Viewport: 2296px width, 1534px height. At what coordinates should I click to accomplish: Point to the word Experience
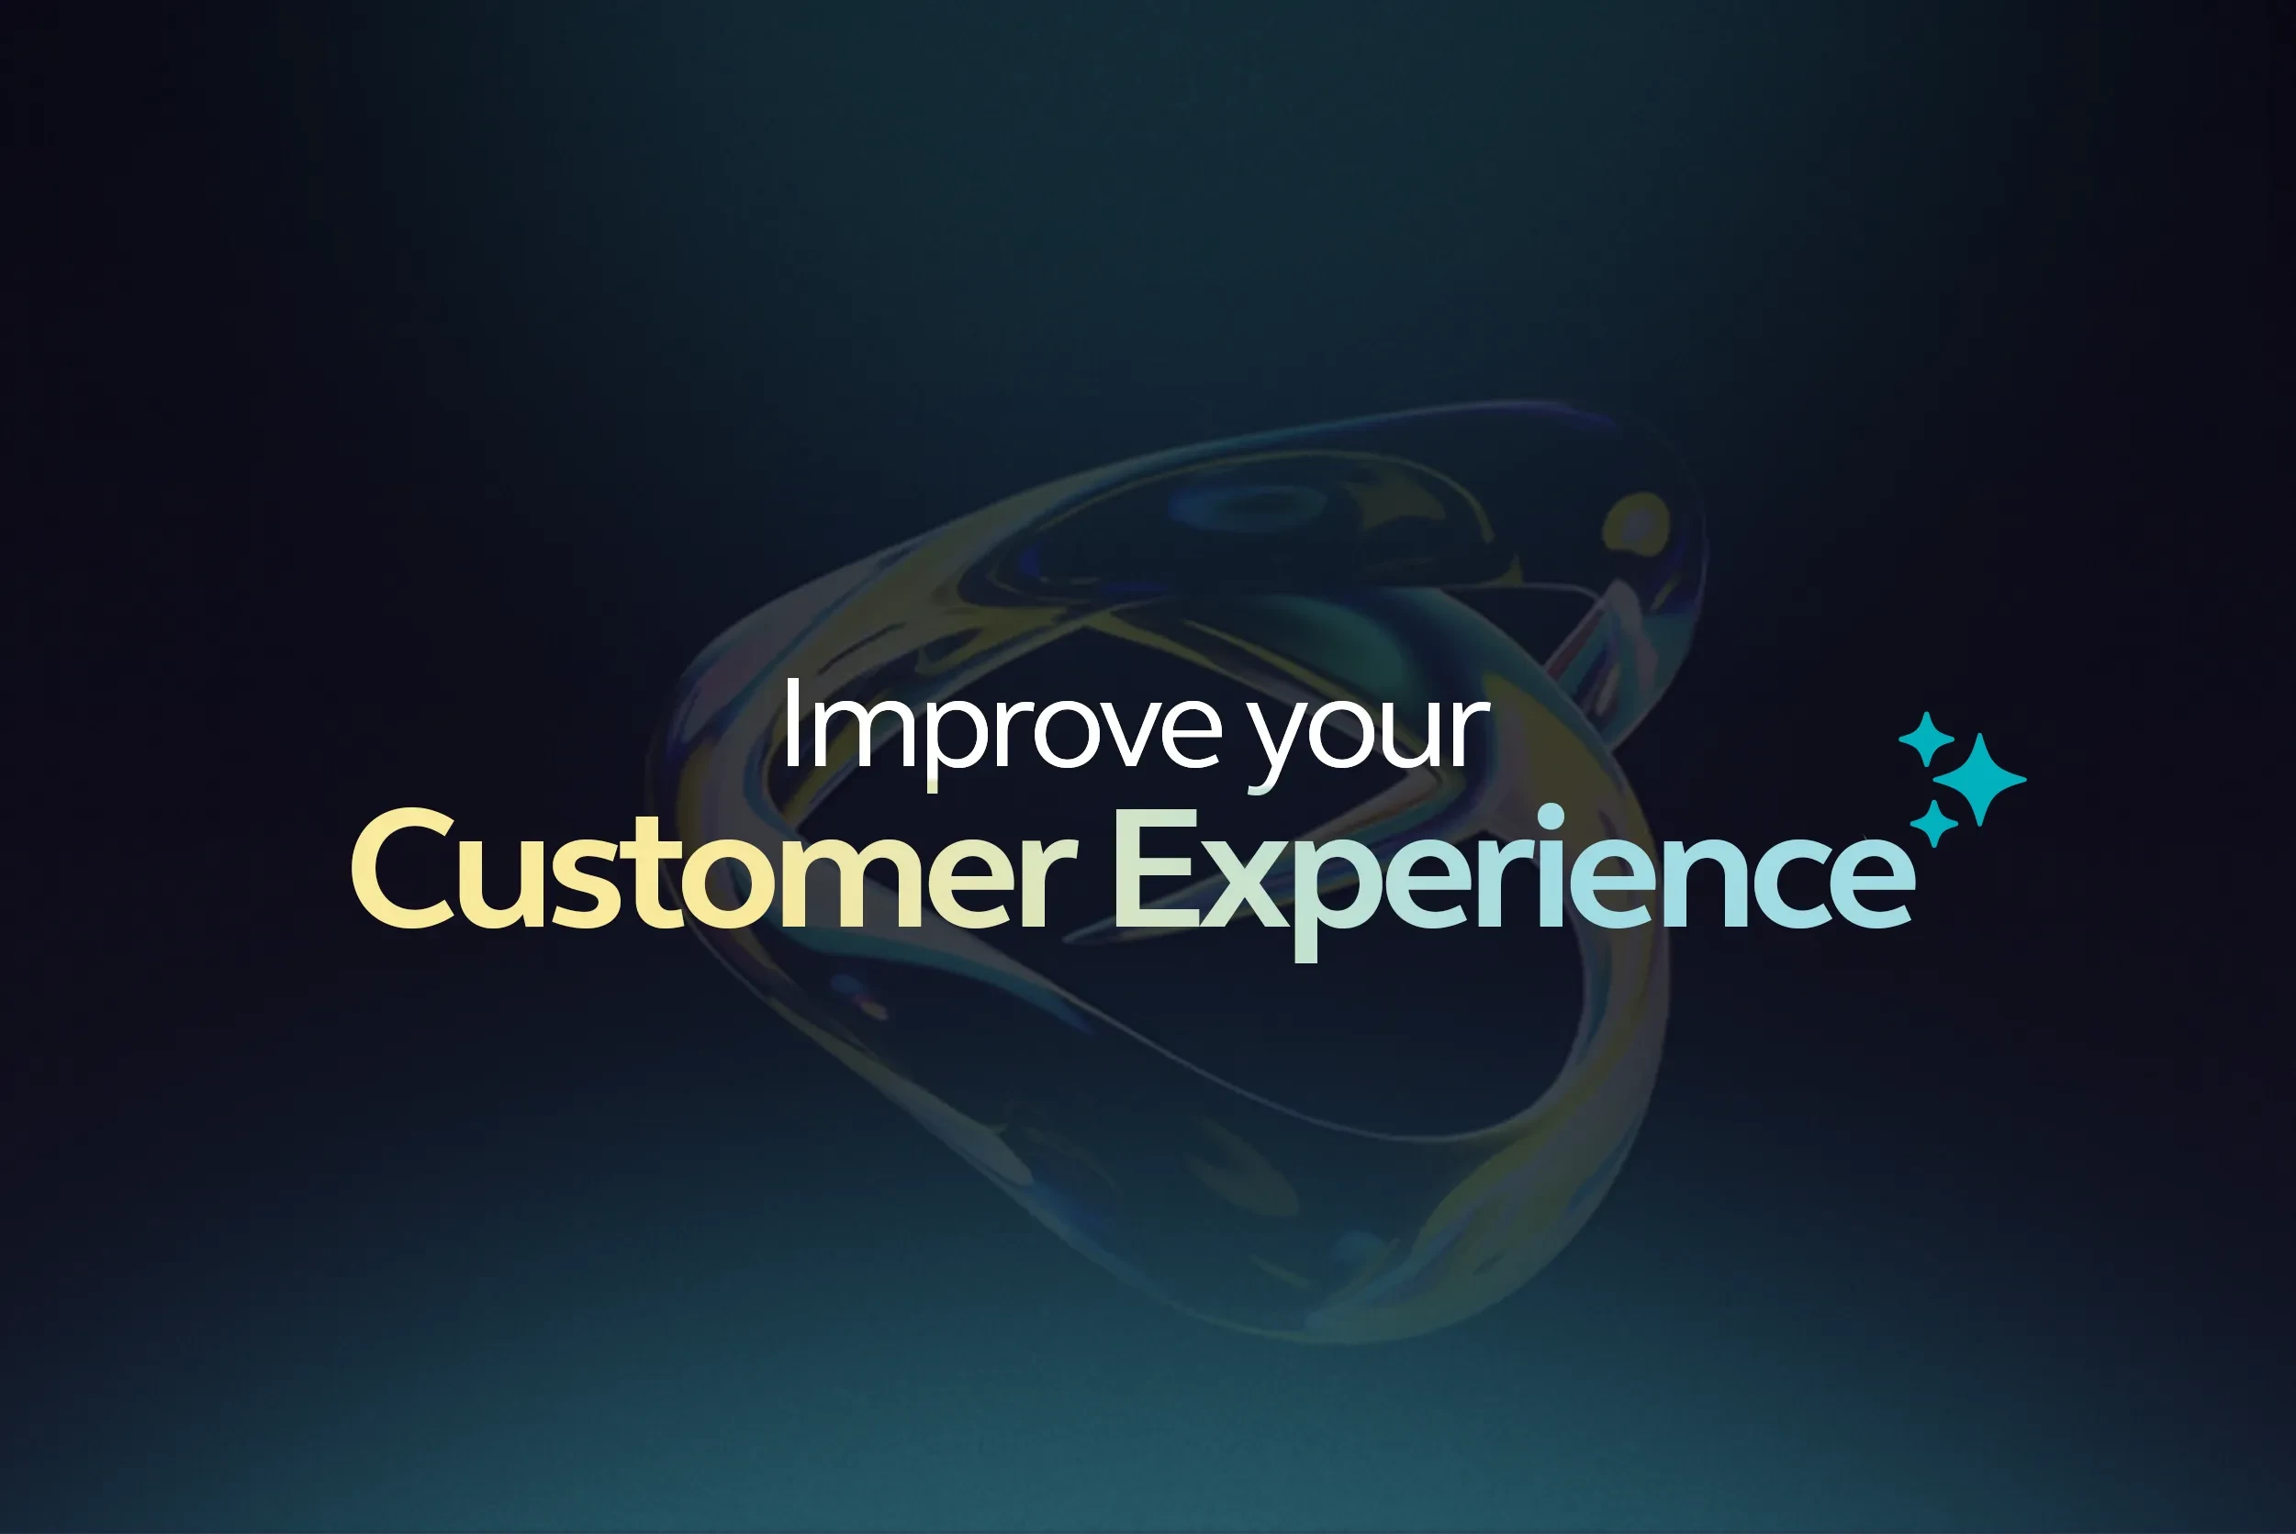pyautogui.click(x=1513, y=871)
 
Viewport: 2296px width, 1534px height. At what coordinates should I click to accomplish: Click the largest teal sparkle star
pyautogui.click(x=1980, y=780)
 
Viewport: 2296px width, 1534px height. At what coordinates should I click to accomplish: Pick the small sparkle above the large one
pyautogui.click(x=1926, y=739)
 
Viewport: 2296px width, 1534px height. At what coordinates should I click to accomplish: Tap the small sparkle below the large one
pyautogui.click(x=1934, y=823)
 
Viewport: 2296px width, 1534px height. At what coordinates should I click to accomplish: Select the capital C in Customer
pyautogui.click(x=402, y=869)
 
